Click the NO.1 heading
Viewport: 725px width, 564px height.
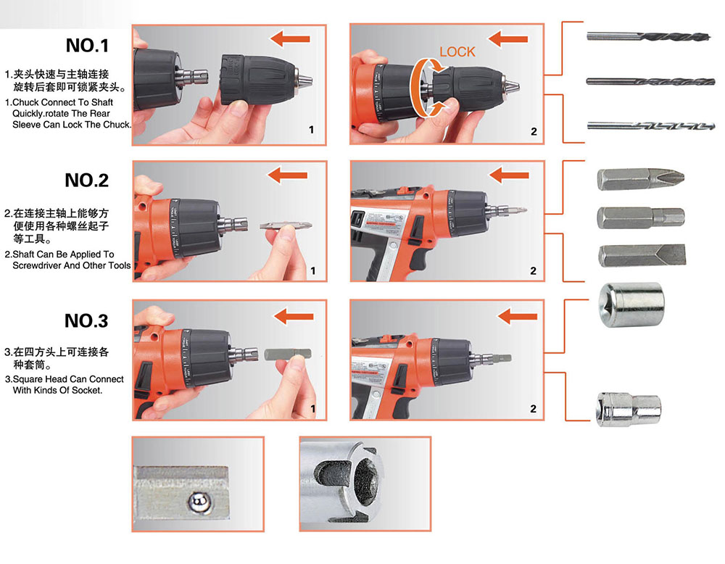[88, 45]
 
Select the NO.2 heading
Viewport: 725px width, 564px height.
[86, 181]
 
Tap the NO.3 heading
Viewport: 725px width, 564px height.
[86, 321]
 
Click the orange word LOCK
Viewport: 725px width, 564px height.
[457, 51]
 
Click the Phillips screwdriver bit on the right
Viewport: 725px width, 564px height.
[640, 179]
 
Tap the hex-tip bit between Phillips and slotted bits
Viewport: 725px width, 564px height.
[641, 217]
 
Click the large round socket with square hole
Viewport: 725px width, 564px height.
[631, 305]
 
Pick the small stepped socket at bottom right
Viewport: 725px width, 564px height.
[629, 409]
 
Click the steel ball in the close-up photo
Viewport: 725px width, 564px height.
[199, 501]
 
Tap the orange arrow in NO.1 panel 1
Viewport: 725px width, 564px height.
[290, 39]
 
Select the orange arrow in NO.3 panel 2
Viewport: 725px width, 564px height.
[518, 317]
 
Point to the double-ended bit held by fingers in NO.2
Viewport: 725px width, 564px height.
[286, 225]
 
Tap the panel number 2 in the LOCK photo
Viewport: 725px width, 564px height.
[534, 132]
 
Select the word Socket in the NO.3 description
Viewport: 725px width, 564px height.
[86, 391]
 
